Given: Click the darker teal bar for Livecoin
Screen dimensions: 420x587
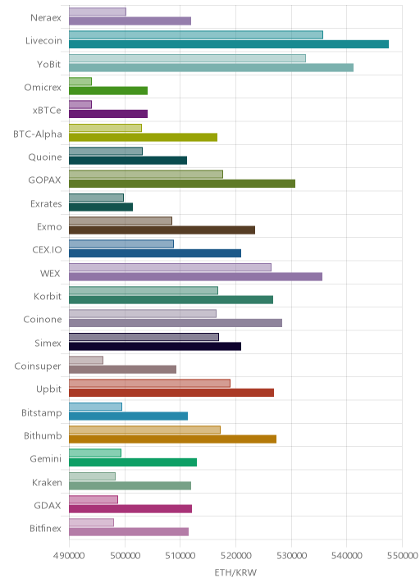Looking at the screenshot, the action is (229, 44).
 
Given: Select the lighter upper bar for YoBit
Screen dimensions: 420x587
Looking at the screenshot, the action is (187, 58).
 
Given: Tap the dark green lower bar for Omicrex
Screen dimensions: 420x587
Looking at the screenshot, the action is (108, 91).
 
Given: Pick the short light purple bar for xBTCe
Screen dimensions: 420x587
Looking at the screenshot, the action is (80, 104).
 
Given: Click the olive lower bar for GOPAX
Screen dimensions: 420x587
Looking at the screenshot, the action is (182, 184).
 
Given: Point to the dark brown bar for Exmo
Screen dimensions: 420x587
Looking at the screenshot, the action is (162, 230).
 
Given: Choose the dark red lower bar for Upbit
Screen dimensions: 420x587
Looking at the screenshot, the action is (171, 393).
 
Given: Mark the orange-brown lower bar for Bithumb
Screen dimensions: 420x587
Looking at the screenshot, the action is (173, 439).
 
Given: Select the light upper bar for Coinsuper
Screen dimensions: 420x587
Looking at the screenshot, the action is (86, 360).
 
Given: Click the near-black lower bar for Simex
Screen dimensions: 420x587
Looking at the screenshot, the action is (155, 346).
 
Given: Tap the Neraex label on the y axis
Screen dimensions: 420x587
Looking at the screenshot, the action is (46, 17).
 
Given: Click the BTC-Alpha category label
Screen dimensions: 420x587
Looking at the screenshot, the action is (38, 134).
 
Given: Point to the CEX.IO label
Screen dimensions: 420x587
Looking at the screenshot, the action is (47, 250).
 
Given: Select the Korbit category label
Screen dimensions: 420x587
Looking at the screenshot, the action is (48, 296).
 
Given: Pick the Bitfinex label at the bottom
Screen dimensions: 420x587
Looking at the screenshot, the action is (45, 528).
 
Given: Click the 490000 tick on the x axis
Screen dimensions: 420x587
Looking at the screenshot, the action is (69, 555).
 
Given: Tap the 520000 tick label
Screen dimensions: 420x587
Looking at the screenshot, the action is (235, 555).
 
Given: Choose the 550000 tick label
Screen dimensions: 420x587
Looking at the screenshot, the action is (403, 555).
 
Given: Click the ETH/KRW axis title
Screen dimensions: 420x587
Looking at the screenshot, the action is (235, 572).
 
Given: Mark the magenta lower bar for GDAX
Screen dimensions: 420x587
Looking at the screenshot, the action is (130, 508).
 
